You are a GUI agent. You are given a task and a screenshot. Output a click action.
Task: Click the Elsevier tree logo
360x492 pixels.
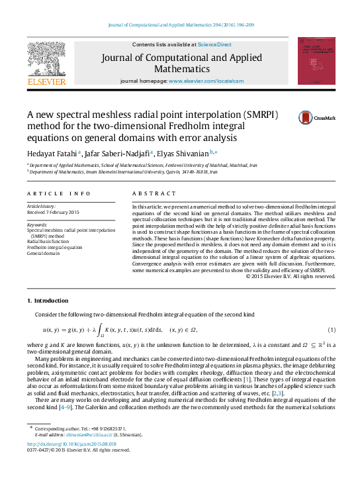(46, 60)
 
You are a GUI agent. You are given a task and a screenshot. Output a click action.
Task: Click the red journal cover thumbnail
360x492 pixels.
(316, 60)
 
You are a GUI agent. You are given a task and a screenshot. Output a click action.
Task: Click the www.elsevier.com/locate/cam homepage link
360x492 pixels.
(206, 81)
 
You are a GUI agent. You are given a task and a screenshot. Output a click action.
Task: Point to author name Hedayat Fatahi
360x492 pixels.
(50, 154)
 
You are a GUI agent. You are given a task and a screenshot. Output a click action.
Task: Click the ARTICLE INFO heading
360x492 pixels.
(58, 193)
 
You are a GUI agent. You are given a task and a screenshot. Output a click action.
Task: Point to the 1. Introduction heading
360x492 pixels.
(51, 301)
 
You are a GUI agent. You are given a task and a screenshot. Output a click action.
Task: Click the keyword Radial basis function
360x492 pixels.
(52, 241)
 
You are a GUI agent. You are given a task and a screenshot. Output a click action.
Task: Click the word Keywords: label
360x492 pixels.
(37, 224)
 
